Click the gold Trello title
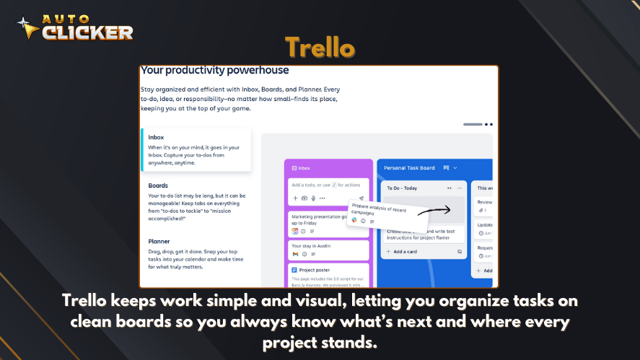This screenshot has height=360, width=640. (320, 48)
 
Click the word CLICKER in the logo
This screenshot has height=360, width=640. (87, 32)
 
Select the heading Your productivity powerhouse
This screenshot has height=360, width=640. (214, 71)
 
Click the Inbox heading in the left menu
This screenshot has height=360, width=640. (156, 137)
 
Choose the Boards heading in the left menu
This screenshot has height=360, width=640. (158, 185)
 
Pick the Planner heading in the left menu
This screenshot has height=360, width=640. (159, 242)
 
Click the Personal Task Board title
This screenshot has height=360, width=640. (410, 168)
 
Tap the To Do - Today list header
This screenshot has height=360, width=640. (402, 188)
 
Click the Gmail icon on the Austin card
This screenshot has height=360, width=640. (295, 254)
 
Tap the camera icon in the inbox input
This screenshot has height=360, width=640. (304, 198)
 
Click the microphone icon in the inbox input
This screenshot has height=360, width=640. (313, 198)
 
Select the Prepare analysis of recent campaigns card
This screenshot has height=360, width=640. (378, 213)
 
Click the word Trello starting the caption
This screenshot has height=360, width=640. (84, 299)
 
